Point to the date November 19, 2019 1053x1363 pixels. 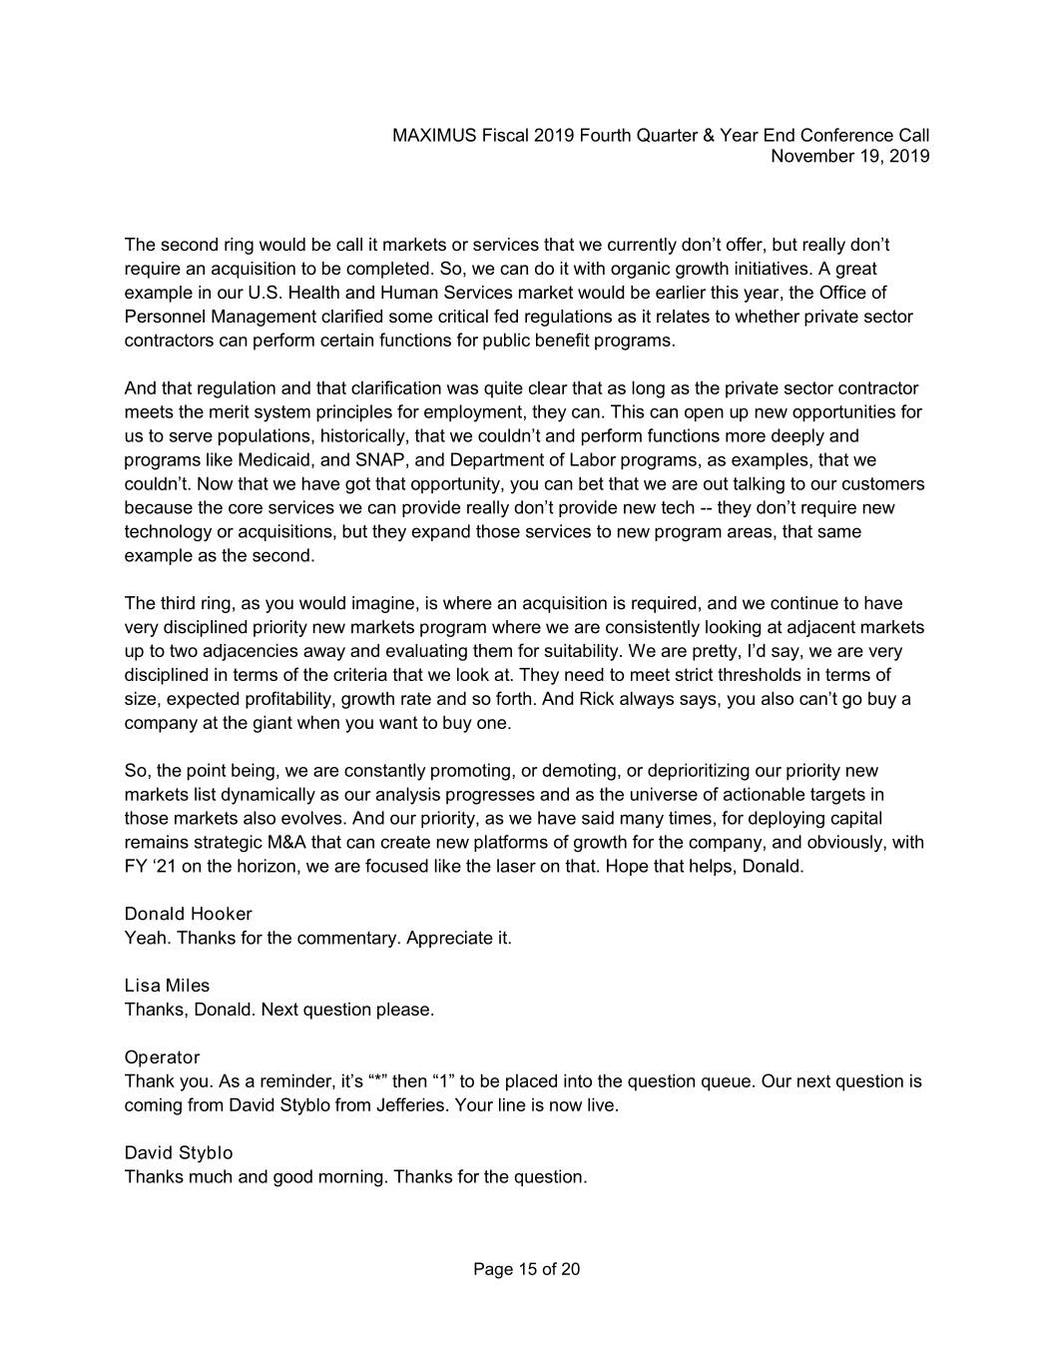(850, 156)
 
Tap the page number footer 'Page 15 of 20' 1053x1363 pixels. (526, 1270)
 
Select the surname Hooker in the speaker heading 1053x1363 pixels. (221, 914)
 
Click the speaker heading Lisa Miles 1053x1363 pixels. (167, 986)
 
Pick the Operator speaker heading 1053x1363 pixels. (162, 1057)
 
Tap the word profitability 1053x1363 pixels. (283, 699)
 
